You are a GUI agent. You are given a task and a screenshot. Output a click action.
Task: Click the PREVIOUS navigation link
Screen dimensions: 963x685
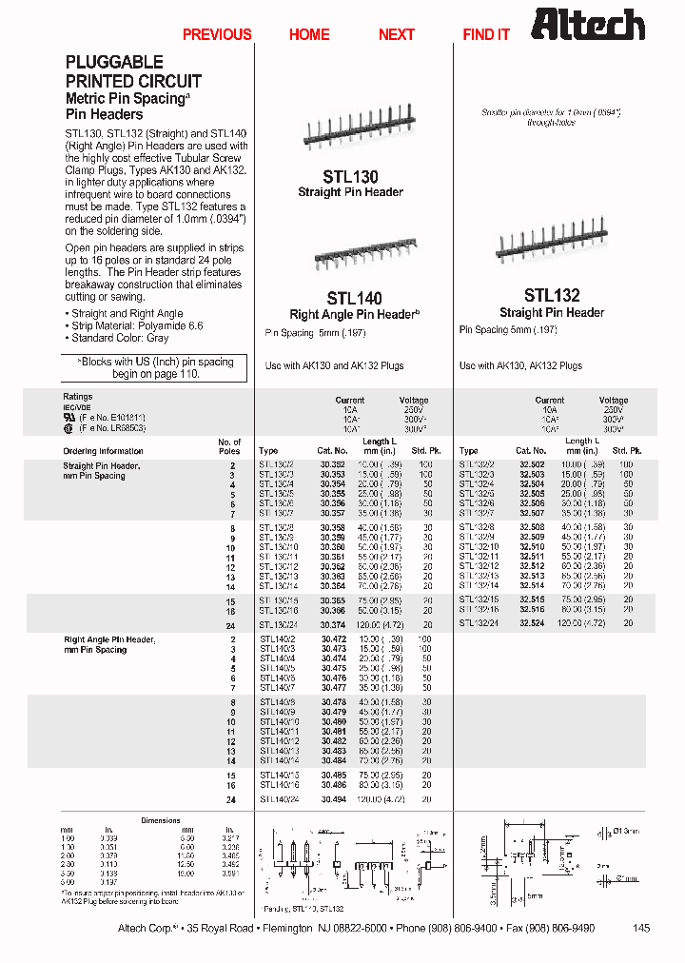click(217, 34)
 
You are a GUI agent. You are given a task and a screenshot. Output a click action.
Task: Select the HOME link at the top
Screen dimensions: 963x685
click(309, 34)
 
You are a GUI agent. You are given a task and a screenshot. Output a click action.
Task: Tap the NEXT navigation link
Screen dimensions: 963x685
click(397, 34)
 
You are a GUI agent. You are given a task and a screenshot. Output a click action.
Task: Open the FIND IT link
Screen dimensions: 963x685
click(486, 34)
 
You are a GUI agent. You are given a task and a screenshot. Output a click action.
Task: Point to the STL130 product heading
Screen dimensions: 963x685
click(350, 176)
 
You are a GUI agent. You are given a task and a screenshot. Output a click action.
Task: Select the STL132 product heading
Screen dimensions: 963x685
click(552, 296)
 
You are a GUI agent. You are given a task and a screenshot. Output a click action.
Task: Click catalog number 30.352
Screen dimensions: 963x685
click(332, 463)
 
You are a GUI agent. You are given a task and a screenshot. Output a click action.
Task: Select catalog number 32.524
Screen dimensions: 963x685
click(532, 622)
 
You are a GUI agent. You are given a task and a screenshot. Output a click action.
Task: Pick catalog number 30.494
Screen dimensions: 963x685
click(333, 800)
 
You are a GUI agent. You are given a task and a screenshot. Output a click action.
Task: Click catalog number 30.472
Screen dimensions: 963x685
click(333, 640)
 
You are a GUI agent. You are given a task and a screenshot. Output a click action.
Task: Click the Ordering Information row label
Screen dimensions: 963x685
click(103, 451)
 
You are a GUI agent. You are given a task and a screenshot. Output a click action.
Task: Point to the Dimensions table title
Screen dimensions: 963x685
click(161, 820)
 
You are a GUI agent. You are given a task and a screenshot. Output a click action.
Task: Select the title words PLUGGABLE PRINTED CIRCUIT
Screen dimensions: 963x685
click(133, 71)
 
